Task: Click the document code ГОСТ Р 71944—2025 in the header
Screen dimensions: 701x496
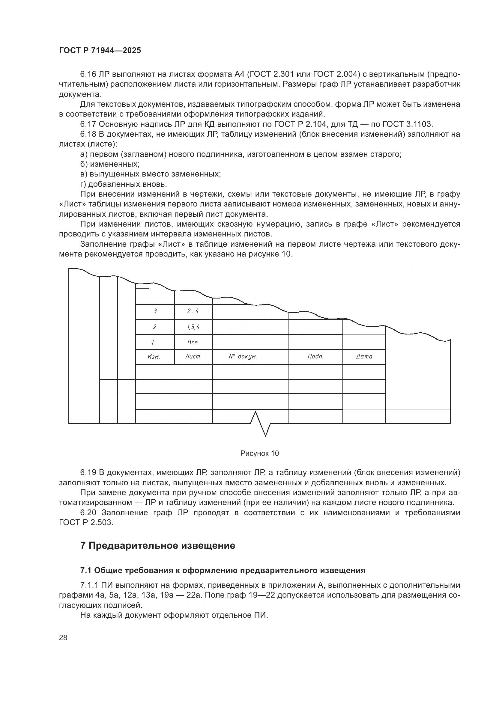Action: [100, 50]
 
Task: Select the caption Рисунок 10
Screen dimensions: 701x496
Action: [260, 453]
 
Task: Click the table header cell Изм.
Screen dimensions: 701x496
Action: [154, 356]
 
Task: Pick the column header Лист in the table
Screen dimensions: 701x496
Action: [193, 356]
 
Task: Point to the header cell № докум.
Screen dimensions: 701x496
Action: [243, 356]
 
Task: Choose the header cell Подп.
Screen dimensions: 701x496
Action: [315, 356]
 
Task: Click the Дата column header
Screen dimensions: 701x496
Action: [364, 356]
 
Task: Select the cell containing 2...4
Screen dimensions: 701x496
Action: [193, 311]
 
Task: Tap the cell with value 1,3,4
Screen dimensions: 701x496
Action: [193, 327]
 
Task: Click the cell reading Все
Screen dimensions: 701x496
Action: [193, 342]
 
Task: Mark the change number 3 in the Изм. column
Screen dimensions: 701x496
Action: [155, 311]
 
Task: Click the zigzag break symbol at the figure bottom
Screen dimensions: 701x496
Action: [261, 424]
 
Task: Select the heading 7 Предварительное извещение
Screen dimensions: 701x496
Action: [158, 545]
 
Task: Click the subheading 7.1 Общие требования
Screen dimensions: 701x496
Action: [223, 570]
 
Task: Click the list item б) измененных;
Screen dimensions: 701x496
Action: [110, 164]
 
